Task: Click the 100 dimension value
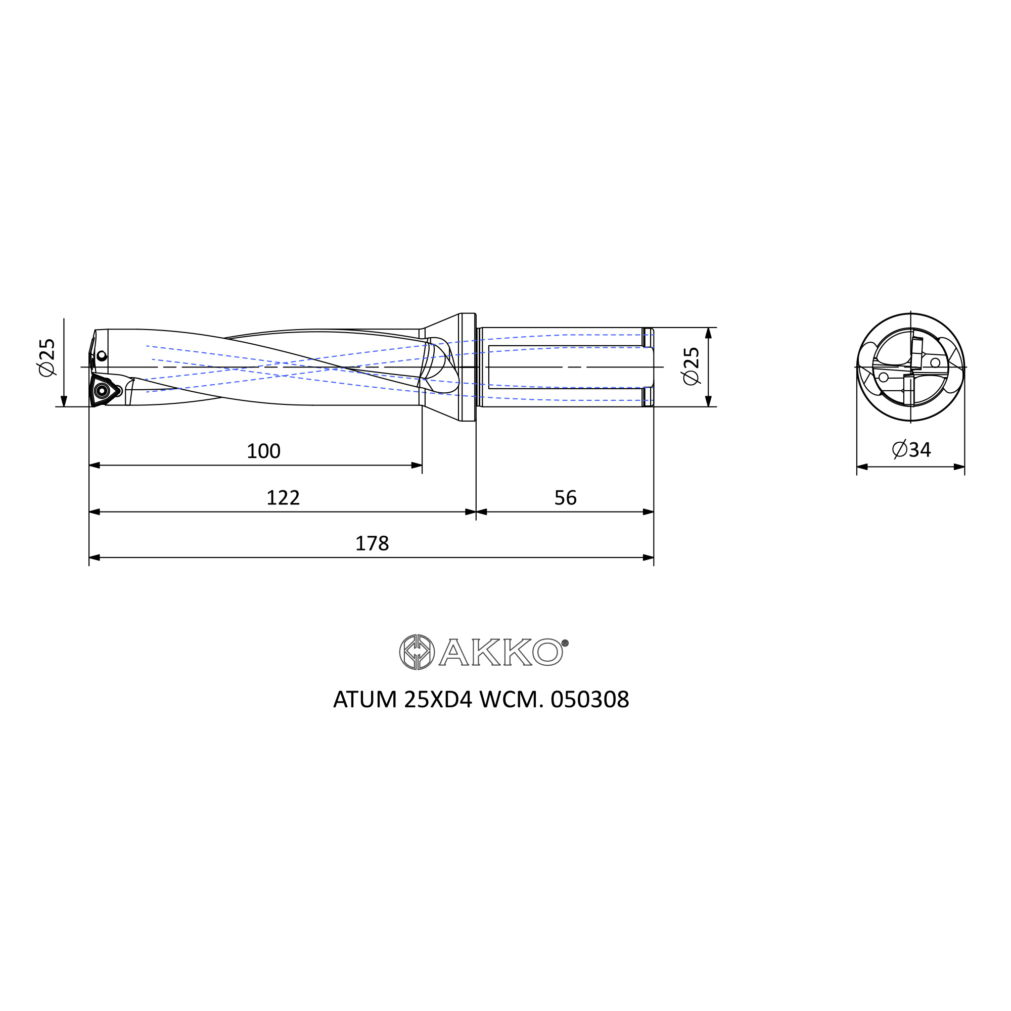(263, 451)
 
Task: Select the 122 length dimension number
(283, 497)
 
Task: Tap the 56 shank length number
(565, 497)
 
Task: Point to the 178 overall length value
(372, 544)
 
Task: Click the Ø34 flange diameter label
(911, 449)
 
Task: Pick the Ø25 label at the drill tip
(47, 357)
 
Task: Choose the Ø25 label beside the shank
(691, 366)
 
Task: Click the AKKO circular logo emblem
(417, 652)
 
